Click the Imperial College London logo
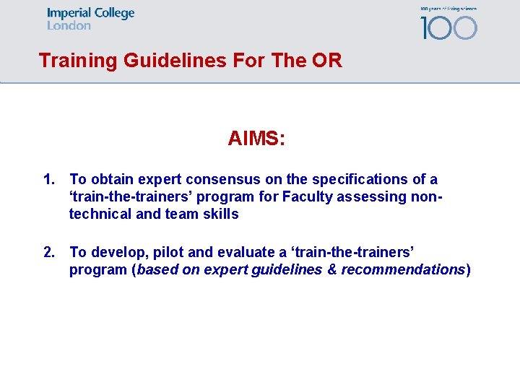click(x=90, y=19)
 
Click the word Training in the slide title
click(x=78, y=61)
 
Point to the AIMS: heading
click(x=256, y=138)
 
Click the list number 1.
click(x=49, y=179)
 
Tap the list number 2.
click(x=49, y=252)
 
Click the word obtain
click(x=112, y=179)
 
